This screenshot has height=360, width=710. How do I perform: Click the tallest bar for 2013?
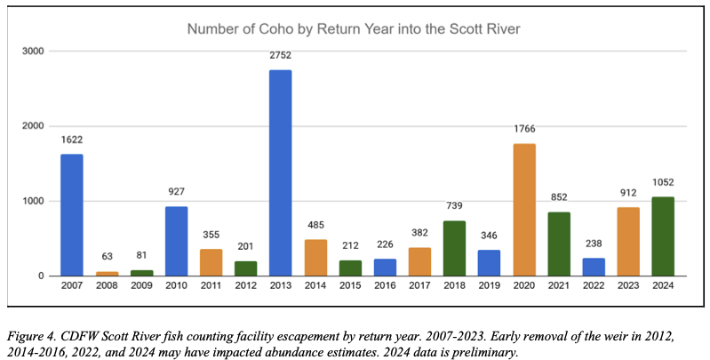tap(280, 173)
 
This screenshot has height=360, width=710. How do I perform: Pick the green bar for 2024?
tap(662, 236)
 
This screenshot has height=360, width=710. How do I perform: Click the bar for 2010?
tap(176, 241)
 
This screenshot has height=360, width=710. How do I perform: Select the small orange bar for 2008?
tap(107, 274)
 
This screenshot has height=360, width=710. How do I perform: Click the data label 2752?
tap(280, 55)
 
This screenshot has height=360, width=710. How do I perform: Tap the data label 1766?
tap(523, 130)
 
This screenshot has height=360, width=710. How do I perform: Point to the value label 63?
tap(107, 258)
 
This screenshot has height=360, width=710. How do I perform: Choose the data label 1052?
tap(662, 183)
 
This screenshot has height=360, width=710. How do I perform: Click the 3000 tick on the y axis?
tap(34, 51)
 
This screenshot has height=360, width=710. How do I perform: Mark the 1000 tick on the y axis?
tap(34, 201)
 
